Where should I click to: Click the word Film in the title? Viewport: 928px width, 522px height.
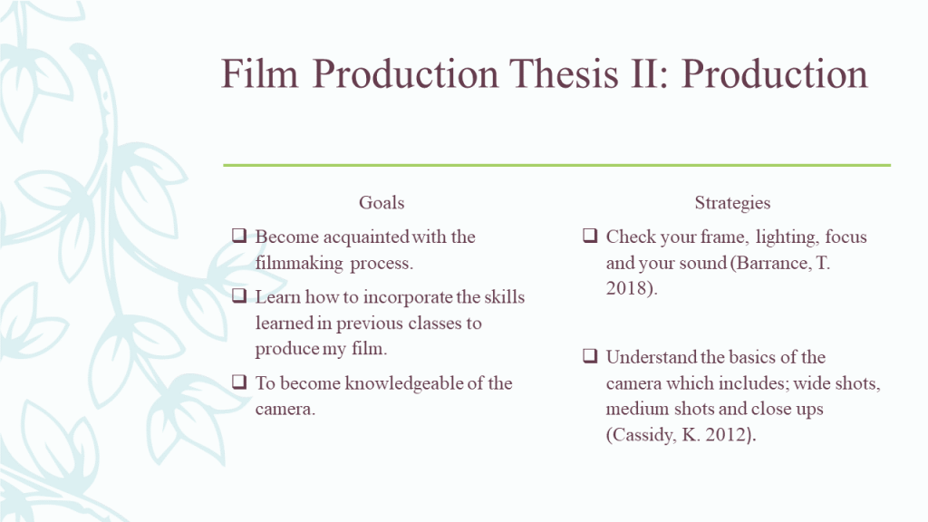tap(259, 74)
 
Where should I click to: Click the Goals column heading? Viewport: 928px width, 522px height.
tap(382, 202)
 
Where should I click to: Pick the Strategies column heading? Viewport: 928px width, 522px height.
tap(732, 203)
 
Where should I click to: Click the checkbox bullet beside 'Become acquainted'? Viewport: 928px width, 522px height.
tap(239, 236)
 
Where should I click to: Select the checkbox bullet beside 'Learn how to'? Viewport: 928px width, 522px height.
tap(239, 295)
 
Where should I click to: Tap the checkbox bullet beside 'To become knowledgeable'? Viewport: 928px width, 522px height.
tap(239, 382)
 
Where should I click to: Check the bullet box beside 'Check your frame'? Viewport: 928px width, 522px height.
tap(590, 236)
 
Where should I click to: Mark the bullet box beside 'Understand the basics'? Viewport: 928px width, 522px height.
tap(590, 355)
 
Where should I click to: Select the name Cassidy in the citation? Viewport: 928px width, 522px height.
tap(643, 435)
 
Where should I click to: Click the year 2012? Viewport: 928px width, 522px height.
tap(727, 435)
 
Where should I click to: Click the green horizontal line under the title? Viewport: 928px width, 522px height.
tap(557, 165)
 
